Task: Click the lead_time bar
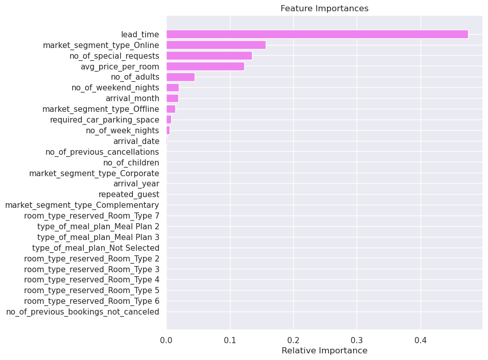coord(317,34)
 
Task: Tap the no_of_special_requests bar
coord(209,56)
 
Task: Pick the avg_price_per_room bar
coord(205,66)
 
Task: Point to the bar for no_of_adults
coord(180,77)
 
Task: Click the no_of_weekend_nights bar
coord(173,88)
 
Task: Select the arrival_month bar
coord(172,98)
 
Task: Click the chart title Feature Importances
coord(324,9)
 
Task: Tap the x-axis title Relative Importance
coord(324,351)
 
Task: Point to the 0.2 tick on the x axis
coord(293,339)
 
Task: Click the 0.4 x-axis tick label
coord(421,339)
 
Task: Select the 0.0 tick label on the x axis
coord(167,339)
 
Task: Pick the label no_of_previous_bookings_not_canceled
coord(82,311)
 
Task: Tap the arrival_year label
coord(136,183)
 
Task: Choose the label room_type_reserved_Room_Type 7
coord(91,215)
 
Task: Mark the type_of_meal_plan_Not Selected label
coord(96,248)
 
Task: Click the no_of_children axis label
coord(131,162)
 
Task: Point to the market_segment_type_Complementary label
coord(82,205)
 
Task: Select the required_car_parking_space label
coord(104,119)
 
